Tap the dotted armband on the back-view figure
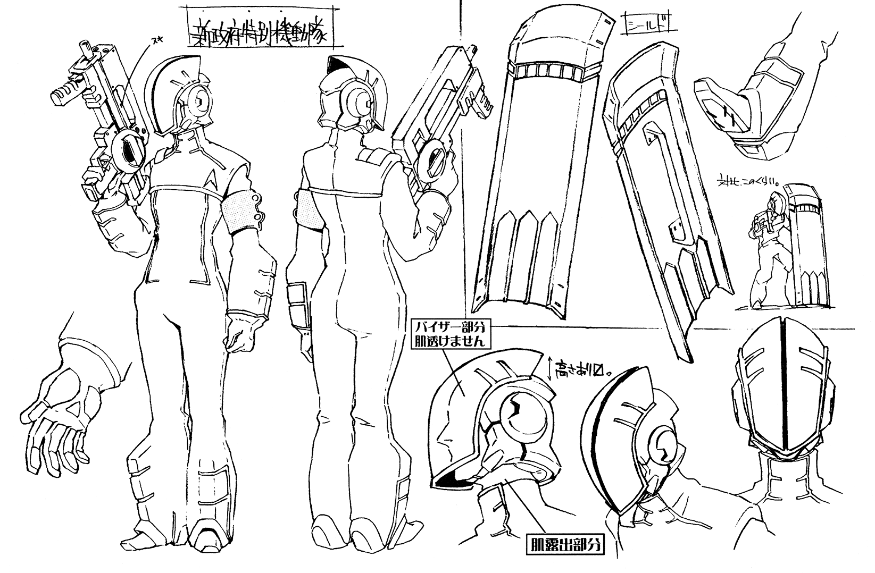pyautogui.click(x=309, y=210)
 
